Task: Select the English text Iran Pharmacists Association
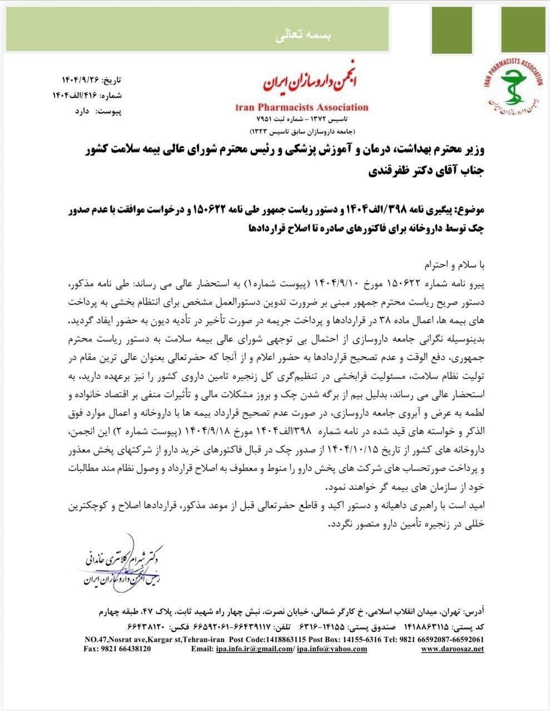tap(302, 107)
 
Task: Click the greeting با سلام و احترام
tap(454, 261)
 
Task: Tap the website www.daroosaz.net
tap(452, 649)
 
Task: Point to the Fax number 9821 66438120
tap(117, 649)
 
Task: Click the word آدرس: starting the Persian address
tap(473, 612)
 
